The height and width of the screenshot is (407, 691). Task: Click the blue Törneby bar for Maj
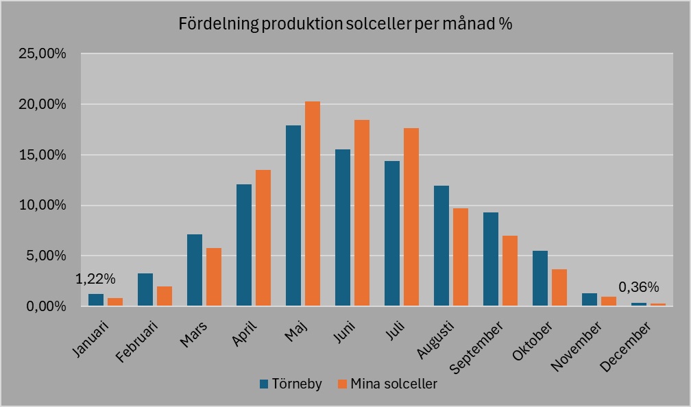point(293,216)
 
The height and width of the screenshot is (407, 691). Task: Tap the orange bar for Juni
point(362,213)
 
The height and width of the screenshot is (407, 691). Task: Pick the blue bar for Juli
point(392,234)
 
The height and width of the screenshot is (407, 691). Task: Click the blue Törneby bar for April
point(244,245)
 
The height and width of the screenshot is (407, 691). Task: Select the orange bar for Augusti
point(461,257)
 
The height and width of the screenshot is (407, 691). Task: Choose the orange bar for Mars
point(214,277)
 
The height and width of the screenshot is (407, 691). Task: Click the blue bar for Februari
point(145,290)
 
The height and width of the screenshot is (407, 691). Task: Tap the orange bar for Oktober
point(559,288)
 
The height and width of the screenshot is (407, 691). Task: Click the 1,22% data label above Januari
point(95,279)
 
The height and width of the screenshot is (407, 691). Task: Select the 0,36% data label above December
point(638,287)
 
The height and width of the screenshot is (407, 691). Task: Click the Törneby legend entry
point(290,384)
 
